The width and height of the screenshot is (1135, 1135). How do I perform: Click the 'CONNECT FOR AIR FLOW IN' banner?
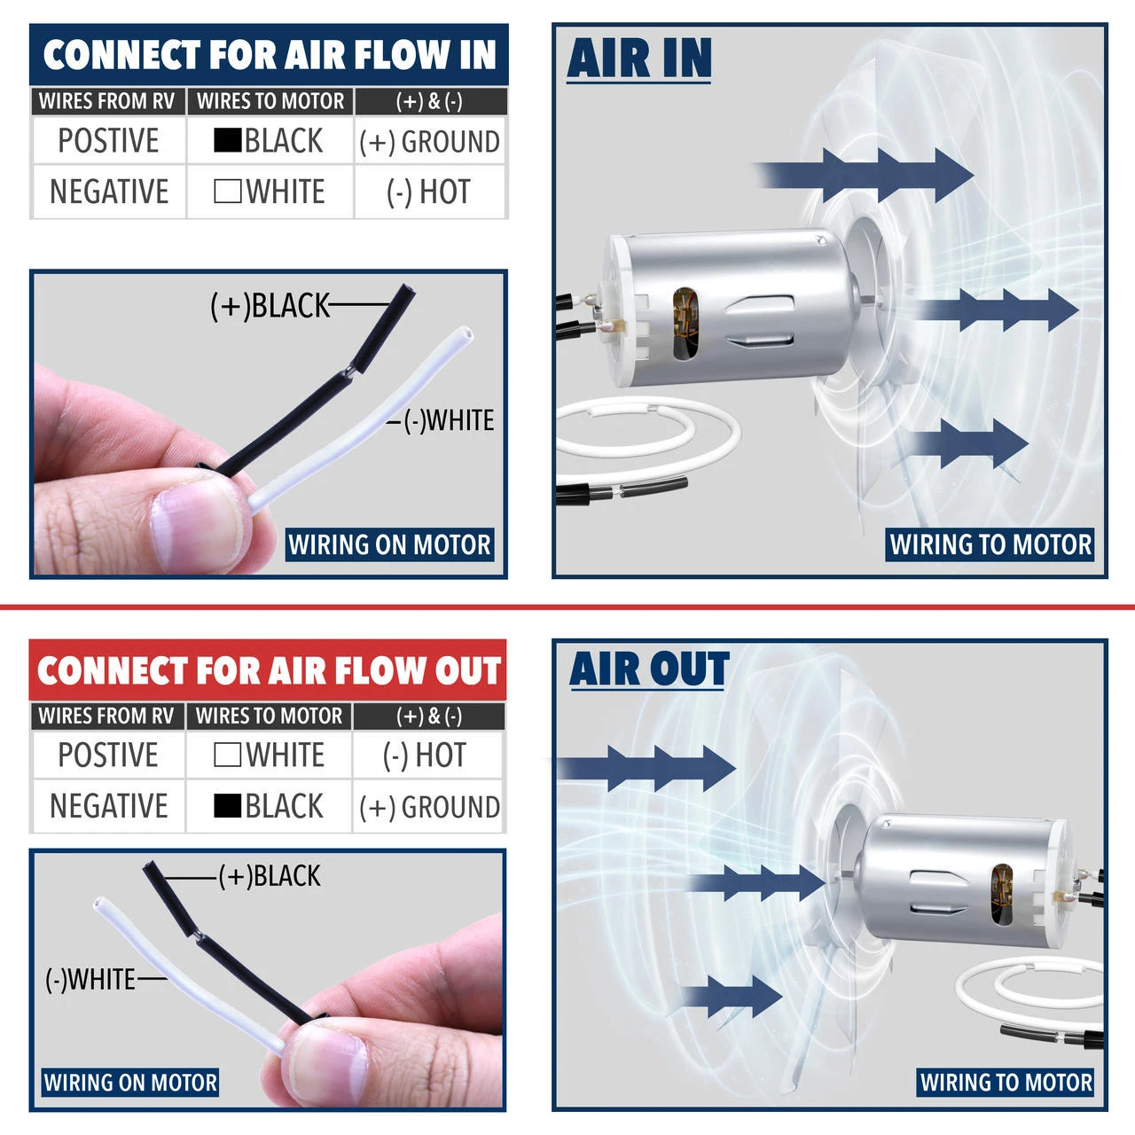[269, 55]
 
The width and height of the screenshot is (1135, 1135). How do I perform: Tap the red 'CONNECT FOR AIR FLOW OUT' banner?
[268, 669]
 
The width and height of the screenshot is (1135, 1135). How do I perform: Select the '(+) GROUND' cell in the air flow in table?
[429, 141]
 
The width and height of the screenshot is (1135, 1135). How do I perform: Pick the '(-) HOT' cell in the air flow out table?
[425, 755]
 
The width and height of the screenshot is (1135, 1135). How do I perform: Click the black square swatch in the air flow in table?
[227, 140]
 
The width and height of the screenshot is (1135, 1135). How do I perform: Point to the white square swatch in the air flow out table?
[227, 755]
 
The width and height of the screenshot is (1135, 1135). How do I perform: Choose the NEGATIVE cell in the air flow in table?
[110, 192]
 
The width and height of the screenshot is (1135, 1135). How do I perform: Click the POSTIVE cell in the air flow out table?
[108, 755]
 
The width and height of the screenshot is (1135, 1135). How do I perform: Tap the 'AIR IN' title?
[639, 59]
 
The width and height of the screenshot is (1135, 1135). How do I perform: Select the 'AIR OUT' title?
[649, 669]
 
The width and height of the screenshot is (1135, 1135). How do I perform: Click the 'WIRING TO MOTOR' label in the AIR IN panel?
[990, 544]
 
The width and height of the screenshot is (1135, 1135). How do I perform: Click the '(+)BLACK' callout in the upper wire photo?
[270, 306]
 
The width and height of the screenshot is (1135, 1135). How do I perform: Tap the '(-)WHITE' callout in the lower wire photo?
[90, 980]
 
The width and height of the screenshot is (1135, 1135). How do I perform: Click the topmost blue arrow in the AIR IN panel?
[865, 175]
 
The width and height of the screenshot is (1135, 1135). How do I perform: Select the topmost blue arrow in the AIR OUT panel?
[646, 769]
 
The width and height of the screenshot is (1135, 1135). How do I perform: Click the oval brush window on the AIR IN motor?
[685, 323]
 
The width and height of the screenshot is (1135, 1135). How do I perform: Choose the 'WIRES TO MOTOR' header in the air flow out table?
[270, 716]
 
